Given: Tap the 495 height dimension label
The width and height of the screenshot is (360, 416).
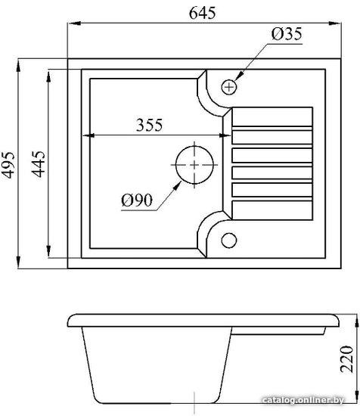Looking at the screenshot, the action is [x=8, y=165].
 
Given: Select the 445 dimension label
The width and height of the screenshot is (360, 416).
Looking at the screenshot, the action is [x=38, y=164].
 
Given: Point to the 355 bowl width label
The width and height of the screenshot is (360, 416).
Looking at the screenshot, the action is [x=149, y=125].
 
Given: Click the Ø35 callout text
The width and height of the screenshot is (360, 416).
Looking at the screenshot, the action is [x=287, y=34].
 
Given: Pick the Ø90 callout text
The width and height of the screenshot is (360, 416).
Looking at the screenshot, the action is [x=137, y=200].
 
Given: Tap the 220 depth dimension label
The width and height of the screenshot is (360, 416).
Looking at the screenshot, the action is [x=347, y=359].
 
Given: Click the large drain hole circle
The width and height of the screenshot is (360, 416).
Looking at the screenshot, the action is [x=194, y=165].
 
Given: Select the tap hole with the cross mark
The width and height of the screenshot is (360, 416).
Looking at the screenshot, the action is [x=229, y=87].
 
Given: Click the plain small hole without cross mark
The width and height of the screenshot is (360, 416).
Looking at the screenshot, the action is [x=229, y=240].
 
